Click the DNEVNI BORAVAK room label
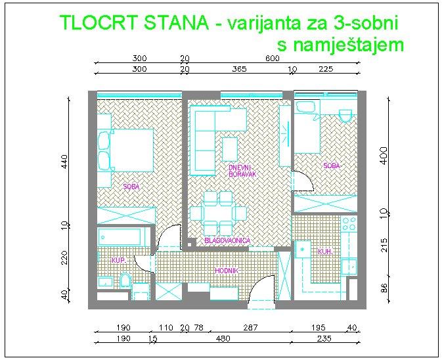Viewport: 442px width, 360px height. pos(242,171)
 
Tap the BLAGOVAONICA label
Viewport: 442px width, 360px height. pos(227,240)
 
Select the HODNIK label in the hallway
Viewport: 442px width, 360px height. pos(227,271)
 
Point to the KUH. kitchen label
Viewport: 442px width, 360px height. pos(325,252)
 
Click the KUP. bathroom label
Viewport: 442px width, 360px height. pos(119,261)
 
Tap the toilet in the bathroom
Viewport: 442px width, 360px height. pos(125,280)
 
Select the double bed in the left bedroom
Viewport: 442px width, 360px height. pos(125,150)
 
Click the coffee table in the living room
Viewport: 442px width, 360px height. pos(230,149)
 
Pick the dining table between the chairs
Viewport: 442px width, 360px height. pos(219,214)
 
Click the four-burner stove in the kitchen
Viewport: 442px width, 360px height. pos(349,223)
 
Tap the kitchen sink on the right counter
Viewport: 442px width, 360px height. pos(349,267)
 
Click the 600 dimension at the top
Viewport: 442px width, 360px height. pos(273,58)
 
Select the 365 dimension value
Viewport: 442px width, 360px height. pos(239,69)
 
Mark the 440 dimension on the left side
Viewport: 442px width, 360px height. pos(64,161)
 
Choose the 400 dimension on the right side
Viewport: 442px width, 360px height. pos(384,155)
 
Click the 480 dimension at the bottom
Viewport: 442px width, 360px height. pos(223,338)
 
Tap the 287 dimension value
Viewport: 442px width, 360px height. pos(250,328)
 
